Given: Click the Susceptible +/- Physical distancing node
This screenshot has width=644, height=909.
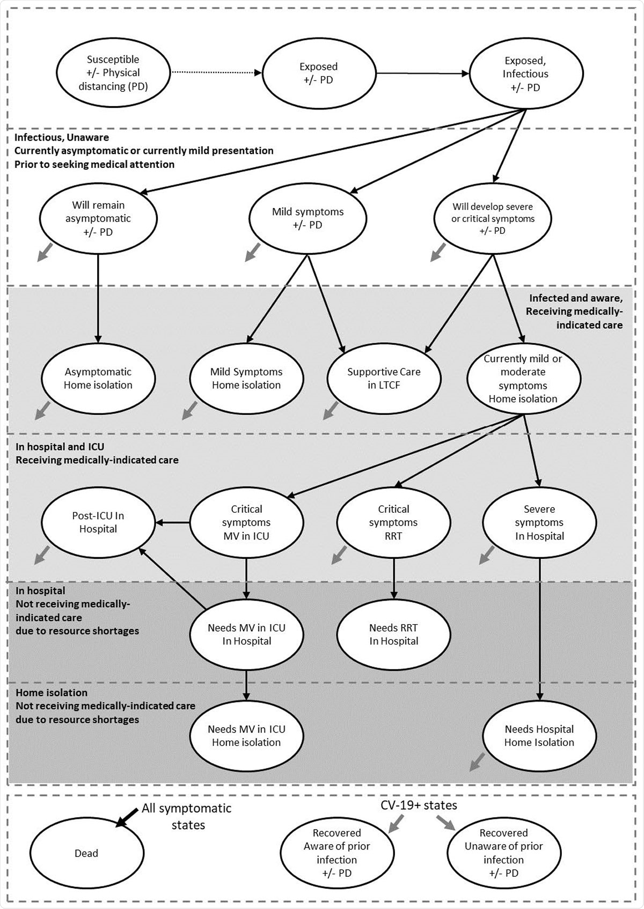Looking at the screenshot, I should tap(113, 73).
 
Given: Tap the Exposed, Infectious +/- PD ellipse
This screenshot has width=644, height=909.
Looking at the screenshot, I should tap(525, 74).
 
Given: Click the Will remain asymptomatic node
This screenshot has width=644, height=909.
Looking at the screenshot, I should tap(98, 218).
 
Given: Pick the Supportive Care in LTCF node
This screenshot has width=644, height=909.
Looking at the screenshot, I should tap(384, 378).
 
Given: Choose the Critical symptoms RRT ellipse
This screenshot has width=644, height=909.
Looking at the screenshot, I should tap(393, 522).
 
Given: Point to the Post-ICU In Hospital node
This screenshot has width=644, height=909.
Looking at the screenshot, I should tap(98, 522).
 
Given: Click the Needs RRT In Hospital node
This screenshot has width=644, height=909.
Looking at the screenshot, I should tap(393, 634).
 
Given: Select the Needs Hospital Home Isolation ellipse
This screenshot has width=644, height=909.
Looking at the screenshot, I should tap(539, 736).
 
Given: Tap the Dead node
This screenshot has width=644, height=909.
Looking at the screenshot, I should tap(86, 853).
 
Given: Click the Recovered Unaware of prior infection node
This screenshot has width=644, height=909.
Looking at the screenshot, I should tap(503, 853).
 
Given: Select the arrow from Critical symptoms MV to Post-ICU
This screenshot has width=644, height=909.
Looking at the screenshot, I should tap(172, 522).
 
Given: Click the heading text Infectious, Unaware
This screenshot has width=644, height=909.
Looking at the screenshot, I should tap(62, 137).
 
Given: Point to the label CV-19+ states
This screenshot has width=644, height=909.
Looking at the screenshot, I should tap(419, 805).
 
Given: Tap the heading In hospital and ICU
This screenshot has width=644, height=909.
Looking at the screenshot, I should tap(60, 447).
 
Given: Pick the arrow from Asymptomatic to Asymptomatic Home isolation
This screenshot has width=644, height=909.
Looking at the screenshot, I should tap(98, 298).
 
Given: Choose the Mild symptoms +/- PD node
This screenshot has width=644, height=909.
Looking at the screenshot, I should tap(308, 218).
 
